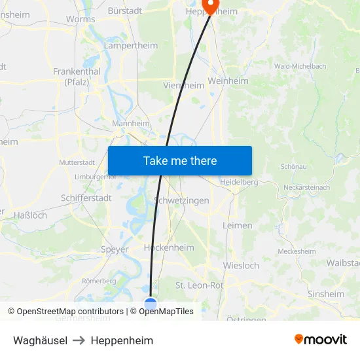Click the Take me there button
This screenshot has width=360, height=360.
point(180,160)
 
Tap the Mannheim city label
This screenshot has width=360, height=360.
point(131,123)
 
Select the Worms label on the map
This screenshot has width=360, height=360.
point(81,19)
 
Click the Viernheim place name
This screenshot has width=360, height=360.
point(183,85)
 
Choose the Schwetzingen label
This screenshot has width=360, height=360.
point(181,200)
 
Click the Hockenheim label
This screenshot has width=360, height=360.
point(169,247)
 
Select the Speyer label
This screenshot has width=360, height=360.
point(115,249)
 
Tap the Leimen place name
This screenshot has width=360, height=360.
point(237,225)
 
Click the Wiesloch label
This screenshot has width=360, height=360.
point(241,266)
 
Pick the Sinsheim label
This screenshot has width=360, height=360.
point(326,294)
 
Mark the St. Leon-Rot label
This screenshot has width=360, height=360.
point(199,285)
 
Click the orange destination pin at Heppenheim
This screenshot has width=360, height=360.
point(211,5)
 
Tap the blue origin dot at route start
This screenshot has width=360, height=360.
point(151,303)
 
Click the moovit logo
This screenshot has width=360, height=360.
point(321,340)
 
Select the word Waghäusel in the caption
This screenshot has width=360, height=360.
point(40,340)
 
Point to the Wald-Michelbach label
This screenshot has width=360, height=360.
point(300,66)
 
